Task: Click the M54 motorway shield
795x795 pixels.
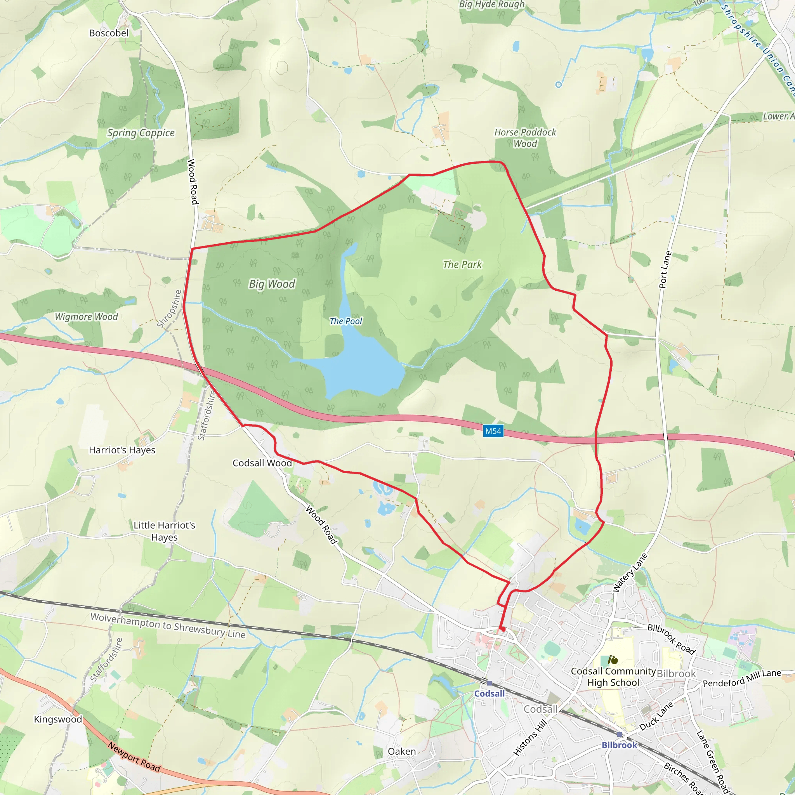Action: click(x=493, y=431)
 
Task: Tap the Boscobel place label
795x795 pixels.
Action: click(x=109, y=33)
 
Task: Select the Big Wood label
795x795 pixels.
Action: click(x=272, y=284)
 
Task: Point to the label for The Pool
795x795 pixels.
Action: click(x=345, y=321)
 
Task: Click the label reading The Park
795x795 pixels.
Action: click(x=462, y=265)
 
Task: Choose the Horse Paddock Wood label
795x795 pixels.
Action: click(x=525, y=138)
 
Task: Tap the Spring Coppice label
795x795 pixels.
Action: click(x=141, y=133)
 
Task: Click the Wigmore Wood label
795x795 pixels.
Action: click(x=87, y=317)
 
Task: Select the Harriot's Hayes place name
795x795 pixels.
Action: click(x=122, y=450)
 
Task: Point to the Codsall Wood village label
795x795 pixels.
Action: click(x=262, y=463)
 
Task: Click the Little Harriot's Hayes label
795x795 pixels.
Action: click(x=164, y=531)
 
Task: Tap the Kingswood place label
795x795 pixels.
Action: click(x=58, y=719)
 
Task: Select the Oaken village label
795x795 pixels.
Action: click(x=402, y=752)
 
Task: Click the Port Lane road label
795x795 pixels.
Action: click(x=665, y=269)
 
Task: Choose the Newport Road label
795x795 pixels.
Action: click(x=134, y=756)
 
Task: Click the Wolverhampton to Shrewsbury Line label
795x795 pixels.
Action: click(x=168, y=625)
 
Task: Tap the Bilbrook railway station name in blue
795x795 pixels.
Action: click(x=619, y=745)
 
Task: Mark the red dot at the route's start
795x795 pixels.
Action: click(x=503, y=629)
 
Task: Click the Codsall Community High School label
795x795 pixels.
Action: click(x=613, y=677)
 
